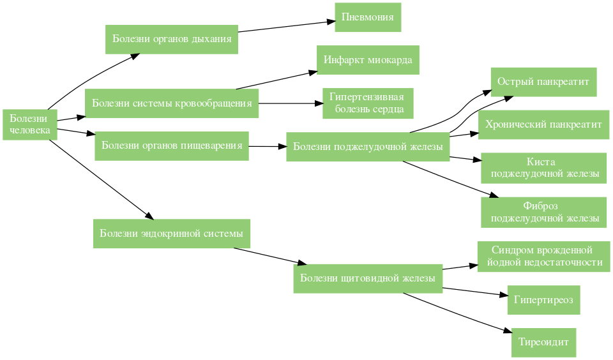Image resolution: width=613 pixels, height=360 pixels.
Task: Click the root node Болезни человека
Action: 29,124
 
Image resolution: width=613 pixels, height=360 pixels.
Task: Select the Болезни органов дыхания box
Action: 171,39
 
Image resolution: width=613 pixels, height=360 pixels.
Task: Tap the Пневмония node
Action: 368,17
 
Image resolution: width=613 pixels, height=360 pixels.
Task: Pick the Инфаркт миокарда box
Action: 368,60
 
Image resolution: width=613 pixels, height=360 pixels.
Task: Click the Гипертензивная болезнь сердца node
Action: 368,103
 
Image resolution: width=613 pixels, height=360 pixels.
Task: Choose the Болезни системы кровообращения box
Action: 171,103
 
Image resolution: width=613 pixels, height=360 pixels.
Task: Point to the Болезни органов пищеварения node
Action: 171,146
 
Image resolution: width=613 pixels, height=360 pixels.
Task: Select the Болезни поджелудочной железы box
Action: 368,147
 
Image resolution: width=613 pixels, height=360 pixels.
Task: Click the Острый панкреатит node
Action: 543,82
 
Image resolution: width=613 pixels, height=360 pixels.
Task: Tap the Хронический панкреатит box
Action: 543,124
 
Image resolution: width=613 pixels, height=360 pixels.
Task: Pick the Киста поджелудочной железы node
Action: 543,167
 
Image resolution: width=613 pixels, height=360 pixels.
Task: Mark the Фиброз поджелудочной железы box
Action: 543,212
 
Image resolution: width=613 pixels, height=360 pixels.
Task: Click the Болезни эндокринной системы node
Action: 171,234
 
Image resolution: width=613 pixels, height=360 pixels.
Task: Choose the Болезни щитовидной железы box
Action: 368,278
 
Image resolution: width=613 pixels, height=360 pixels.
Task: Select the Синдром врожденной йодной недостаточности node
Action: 543,256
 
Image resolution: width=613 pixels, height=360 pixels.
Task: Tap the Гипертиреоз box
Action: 543,299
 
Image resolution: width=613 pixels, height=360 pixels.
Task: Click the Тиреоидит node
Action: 543,342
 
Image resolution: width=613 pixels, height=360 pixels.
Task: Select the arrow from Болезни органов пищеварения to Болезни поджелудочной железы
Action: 267,147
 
